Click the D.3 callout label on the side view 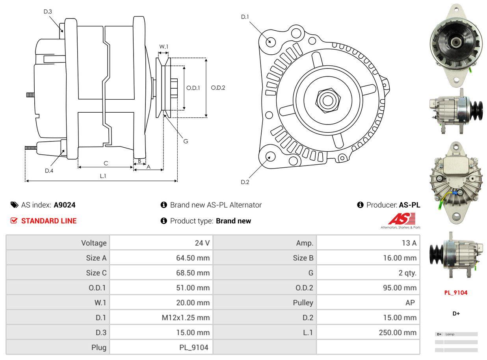point(48,11)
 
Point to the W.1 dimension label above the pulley point(164,46)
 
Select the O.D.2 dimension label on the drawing point(218,87)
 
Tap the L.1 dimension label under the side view point(103,176)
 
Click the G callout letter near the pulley point(186,141)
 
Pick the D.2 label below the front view point(245,182)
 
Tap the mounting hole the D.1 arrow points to point(270,41)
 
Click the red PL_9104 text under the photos point(456,293)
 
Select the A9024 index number point(65,205)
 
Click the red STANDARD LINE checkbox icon point(14,221)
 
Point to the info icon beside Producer point(360,205)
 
